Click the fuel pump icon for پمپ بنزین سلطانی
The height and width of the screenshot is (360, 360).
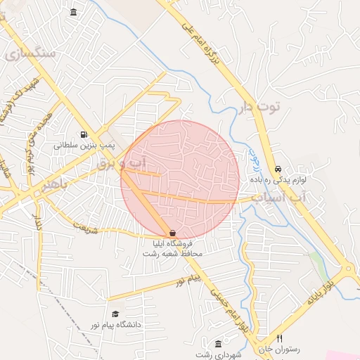tap(84, 135)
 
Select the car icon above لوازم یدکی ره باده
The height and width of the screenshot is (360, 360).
tap(278, 169)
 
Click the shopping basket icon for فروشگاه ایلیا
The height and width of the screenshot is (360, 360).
tap(172, 233)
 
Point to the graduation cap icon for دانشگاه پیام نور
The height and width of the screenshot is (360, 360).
tap(115, 314)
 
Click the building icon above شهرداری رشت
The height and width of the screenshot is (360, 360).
tap(218, 344)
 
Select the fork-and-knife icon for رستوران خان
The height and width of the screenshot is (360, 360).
tap(279, 338)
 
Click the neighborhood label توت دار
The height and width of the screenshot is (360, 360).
tap(259, 107)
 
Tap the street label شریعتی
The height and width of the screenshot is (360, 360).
tap(83, 228)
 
